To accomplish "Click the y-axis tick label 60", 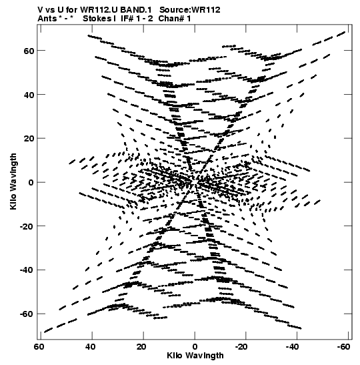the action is (x=29, y=51).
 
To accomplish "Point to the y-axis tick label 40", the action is (x=29, y=95).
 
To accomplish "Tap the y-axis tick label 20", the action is (x=29, y=139).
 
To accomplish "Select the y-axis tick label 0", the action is (x=31, y=183).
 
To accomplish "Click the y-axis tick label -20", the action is (x=27, y=226).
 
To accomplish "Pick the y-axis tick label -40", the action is (x=27, y=270).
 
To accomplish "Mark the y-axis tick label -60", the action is (x=27, y=314).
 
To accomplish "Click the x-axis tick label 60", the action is (x=39, y=347).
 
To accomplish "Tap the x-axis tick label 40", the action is (x=90, y=347).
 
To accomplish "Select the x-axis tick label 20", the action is (x=141, y=347).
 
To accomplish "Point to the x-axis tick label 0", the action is (x=195, y=347).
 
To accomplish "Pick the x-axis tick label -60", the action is (x=343, y=347).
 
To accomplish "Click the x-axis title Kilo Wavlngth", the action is (x=195, y=356).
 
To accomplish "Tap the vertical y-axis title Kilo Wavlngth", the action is (x=13, y=181).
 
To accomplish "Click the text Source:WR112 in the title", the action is (x=190, y=10).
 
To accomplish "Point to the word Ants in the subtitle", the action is (x=47, y=19).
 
